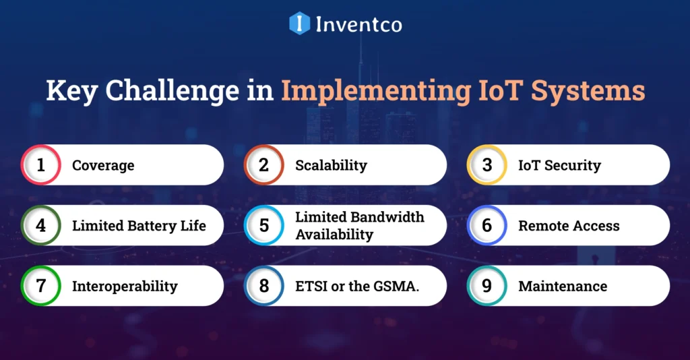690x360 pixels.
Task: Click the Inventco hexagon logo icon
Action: [299, 24]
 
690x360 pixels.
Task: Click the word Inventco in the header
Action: [358, 24]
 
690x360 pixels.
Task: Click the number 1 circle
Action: [41, 165]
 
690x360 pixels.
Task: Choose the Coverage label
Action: [103, 165]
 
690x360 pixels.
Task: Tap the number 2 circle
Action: [264, 165]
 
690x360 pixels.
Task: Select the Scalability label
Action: [331, 165]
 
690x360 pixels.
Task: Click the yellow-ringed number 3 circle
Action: [487, 165]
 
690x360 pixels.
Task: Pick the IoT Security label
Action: [559, 165]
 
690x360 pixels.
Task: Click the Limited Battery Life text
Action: [139, 226]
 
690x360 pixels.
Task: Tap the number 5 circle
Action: [264, 225]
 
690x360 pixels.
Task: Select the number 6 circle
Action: [487, 225]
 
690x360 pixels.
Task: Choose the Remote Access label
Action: [569, 226]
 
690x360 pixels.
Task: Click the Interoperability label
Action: [125, 286]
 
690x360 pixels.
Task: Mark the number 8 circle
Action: [264, 286]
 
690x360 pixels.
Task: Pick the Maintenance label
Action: [563, 286]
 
